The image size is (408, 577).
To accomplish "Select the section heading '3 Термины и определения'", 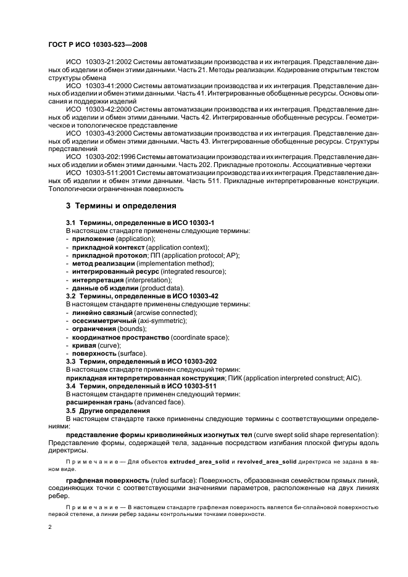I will (x=121, y=206).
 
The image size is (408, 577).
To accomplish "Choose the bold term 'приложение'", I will (x=93, y=239).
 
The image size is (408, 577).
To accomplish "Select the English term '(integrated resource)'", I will (x=193, y=271).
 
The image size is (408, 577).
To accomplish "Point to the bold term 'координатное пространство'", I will (x=120, y=337).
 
